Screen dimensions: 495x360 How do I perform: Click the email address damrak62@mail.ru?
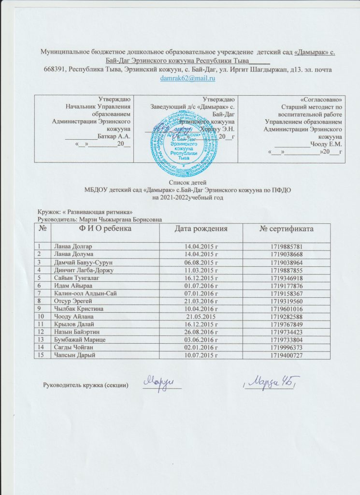coord(187,78)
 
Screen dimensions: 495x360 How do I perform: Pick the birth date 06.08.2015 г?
coord(199,262)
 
